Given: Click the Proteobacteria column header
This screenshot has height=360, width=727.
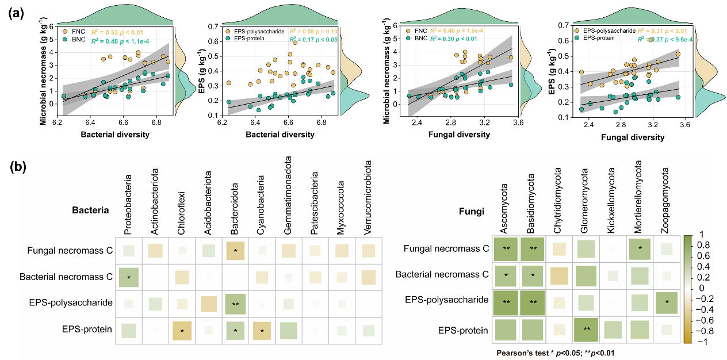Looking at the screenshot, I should (x=128, y=204).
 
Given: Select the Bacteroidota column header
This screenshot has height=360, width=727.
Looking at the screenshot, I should (x=235, y=205).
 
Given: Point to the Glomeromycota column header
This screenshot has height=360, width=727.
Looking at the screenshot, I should (x=585, y=201).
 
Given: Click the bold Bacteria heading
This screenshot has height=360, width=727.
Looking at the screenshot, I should (x=90, y=210).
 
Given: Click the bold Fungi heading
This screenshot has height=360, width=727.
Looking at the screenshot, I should (x=471, y=211).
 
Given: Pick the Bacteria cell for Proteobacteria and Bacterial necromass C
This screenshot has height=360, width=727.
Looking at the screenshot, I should (x=129, y=277).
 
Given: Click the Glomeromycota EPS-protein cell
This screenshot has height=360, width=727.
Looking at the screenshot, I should (x=586, y=330).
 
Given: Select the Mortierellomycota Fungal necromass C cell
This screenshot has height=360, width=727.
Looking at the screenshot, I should (x=638, y=249).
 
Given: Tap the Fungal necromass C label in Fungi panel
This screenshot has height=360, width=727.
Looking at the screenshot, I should (x=446, y=249).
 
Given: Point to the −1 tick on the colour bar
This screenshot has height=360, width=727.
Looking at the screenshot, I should (x=702, y=342).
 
